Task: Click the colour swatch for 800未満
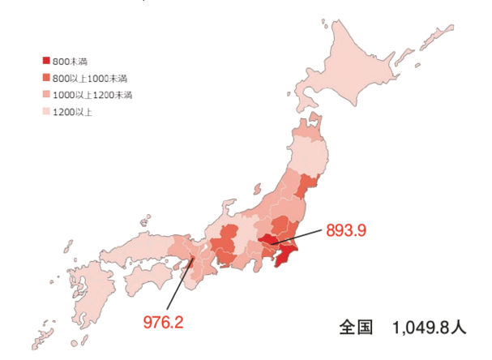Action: tap(45, 62)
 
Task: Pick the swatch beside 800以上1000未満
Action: tap(45, 78)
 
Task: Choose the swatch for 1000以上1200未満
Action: tap(45, 95)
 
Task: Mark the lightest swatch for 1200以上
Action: tap(45, 112)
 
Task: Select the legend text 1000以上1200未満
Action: tap(92, 95)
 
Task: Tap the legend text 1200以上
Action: tap(72, 112)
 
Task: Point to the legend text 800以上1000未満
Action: tap(89, 78)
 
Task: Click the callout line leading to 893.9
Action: tap(300, 237)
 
